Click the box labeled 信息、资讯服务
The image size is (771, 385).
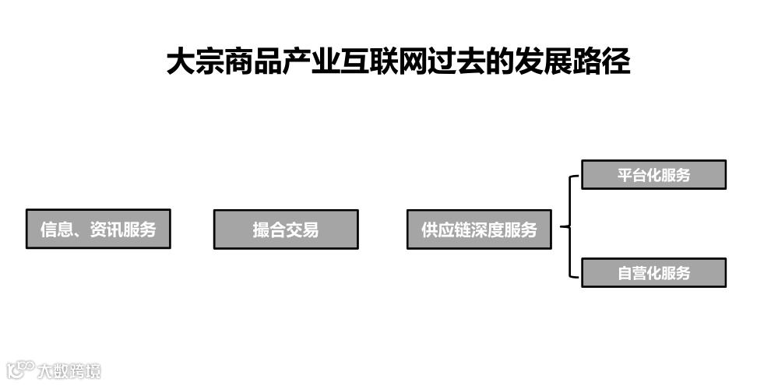coord(98,229)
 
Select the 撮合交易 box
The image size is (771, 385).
coord(286,229)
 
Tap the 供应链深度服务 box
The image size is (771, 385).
coord(479,229)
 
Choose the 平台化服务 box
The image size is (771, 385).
coord(653,175)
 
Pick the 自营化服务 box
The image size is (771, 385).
coord(653,273)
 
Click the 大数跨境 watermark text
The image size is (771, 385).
coord(69,370)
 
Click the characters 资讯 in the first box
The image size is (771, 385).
coord(106,230)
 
